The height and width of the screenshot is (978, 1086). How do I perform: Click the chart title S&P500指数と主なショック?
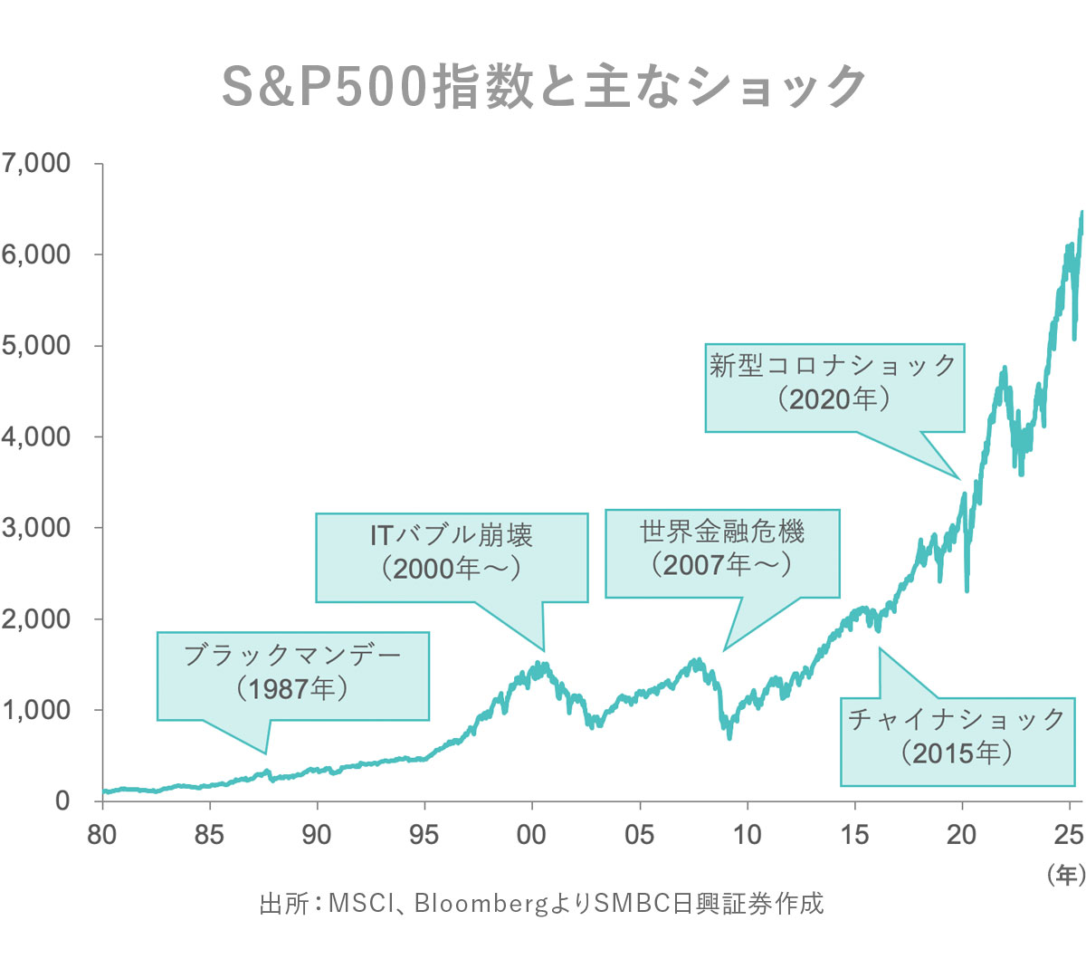click(x=544, y=87)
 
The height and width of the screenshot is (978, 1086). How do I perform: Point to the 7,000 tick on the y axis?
click(x=36, y=164)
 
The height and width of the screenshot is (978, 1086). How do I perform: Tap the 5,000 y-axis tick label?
click(x=36, y=346)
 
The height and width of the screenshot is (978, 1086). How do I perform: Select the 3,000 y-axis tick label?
click(x=36, y=528)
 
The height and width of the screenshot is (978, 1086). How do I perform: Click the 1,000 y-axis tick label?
click(x=36, y=711)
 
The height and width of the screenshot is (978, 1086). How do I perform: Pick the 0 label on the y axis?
click(x=62, y=801)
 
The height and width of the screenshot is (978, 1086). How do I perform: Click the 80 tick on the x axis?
click(x=102, y=834)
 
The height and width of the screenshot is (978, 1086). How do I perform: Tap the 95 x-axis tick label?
click(x=424, y=834)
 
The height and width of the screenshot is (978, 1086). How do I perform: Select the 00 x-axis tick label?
click(x=531, y=834)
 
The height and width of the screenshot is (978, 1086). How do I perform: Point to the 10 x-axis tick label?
click(x=747, y=834)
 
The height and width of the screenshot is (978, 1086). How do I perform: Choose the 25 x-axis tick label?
click(x=1069, y=834)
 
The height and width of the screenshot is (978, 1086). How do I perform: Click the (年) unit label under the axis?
click(x=1066, y=875)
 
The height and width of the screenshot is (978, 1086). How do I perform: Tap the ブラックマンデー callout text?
click(x=292, y=655)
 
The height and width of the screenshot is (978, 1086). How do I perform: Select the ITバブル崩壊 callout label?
click(x=452, y=535)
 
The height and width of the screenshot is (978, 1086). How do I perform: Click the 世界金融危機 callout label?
click(x=722, y=532)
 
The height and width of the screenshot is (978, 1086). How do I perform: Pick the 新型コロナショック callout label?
click(x=834, y=365)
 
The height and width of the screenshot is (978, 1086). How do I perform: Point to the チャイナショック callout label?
click(x=957, y=719)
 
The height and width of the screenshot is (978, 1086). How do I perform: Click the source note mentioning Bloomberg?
click(x=541, y=904)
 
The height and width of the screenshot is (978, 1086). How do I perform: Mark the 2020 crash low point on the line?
click(x=967, y=590)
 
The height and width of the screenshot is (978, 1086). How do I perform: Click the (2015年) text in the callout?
click(x=957, y=753)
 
